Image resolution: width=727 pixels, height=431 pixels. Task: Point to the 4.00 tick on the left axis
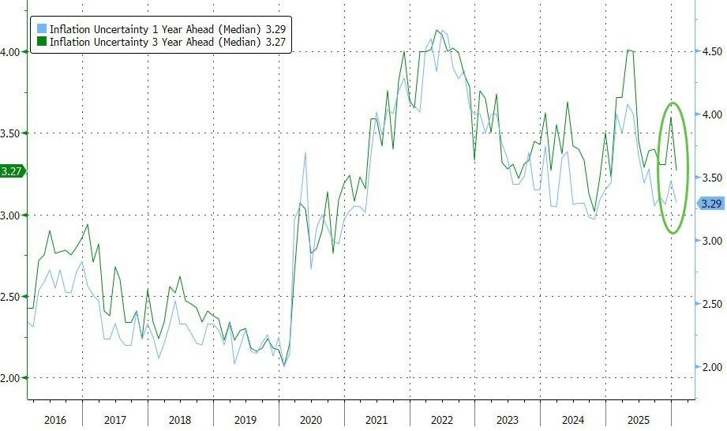coord(12,51)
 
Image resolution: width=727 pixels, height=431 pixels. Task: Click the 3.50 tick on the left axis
coord(12,133)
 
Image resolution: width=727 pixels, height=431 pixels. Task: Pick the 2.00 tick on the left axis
coord(12,378)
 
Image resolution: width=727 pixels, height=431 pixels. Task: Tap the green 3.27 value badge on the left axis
coord(12,171)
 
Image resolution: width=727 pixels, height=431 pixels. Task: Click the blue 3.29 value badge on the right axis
coord(712,204)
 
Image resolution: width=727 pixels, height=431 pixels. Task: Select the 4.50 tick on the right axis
coord(713,51)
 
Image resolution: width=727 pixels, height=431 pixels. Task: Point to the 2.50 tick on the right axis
coord(713,304)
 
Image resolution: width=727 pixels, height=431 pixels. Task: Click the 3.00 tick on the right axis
coord(713,241)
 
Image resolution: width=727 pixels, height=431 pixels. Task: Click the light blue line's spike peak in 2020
coord(305,152)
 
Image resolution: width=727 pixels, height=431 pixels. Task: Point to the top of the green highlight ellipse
coord(673,103)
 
